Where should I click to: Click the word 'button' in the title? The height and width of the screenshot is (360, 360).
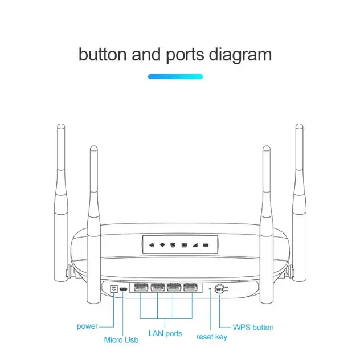(x=103, y=55)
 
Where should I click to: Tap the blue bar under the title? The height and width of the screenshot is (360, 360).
(x=175, y=76)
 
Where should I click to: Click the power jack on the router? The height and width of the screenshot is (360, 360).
(x=114, y=289)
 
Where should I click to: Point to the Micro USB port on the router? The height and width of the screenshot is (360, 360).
(x=124, y=289)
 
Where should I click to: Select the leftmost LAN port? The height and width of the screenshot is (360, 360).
(x=141, y=288)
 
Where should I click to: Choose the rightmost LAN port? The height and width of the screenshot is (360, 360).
(x=192, y=288)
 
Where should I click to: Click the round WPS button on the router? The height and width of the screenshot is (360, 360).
(x=219, y=289)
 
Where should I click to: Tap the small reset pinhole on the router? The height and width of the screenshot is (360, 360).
(x=210, y=289)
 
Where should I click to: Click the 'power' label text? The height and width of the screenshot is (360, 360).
(x=87, y=326)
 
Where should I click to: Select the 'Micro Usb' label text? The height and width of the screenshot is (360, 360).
(x=121, y=340)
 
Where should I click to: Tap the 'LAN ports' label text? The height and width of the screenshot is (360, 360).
(x=165, y=333)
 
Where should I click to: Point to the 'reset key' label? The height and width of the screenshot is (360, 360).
(x=211, y=337)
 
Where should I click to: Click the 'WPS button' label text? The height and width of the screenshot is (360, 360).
(x=253, y=328)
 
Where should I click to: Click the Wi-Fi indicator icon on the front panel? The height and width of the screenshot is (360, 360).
(x=162, y=245)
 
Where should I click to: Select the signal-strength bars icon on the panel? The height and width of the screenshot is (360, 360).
(x=195, y=245)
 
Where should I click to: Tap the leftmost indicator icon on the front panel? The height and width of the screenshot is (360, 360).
(x=151, y=245)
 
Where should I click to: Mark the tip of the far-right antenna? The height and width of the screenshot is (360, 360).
(x=298, y=125)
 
